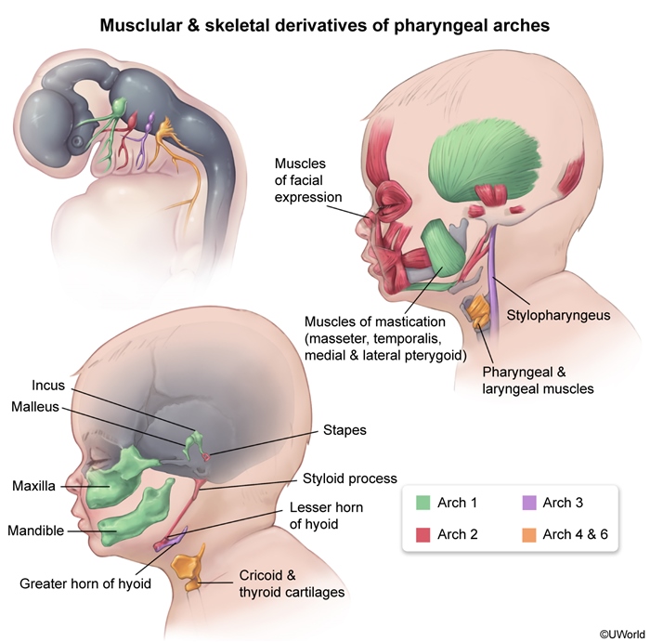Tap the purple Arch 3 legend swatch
pos(527,504)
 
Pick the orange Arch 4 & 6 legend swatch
pos(527,533)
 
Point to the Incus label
pos(48,385)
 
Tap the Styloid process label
pos(349,478)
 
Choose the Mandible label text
pos(36,531)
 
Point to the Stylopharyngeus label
pos(558,315)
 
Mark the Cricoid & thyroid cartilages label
pos(281,583)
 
